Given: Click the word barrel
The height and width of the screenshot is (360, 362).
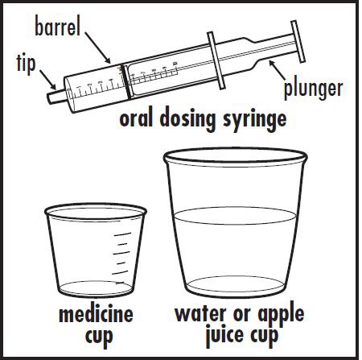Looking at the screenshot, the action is pos(57,26).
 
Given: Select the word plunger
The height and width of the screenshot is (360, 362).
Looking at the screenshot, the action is pos(313,90).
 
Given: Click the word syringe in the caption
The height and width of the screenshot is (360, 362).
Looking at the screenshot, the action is pos(255,119).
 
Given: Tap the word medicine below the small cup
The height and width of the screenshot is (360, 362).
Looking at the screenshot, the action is pos(96,314).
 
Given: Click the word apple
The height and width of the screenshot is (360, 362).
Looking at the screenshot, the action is pos(281,316).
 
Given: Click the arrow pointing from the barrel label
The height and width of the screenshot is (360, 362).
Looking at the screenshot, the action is pos(98,48).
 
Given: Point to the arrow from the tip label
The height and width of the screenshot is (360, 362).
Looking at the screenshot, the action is pos(48,80).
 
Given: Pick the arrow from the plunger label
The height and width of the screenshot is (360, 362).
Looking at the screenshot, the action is pos(278,70).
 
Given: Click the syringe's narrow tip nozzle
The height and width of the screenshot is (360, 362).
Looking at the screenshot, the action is pos(56,97).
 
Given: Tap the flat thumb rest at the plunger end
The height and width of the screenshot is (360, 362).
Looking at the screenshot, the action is pos(298,41).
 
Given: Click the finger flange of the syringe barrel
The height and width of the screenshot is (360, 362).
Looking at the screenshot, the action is pos(216,60).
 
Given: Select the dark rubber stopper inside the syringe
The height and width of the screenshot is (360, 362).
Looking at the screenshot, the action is pos(125,81).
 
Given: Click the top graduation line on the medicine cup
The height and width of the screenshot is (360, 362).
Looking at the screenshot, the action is pos(122,234).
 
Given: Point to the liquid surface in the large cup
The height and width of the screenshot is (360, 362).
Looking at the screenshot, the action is pos(235,216).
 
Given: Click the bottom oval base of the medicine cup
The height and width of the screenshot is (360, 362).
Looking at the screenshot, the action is pos(96,288).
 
